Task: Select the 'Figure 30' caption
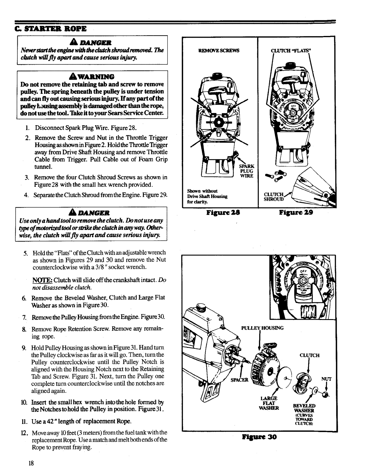(x=259, y=437)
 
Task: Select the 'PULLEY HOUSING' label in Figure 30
(x=262, y=328)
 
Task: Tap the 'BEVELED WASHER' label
(x=303, y=408)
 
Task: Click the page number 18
(x=31, y=463)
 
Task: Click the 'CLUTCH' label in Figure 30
(x=310, y=355)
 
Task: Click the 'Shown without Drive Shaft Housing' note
(x=207, y=196)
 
